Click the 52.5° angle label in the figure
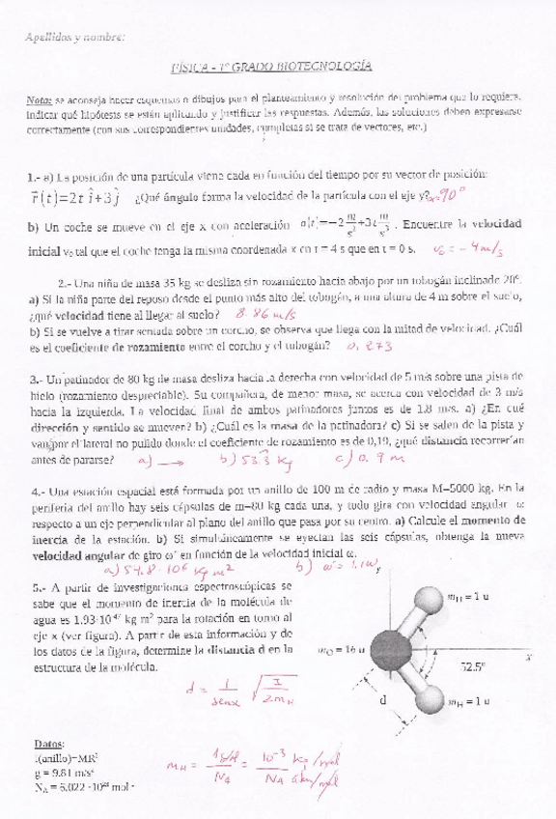coord(473,666)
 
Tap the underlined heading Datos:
coord(48,746)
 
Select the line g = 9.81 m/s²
coord(61,774)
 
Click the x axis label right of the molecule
coord(529,656)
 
